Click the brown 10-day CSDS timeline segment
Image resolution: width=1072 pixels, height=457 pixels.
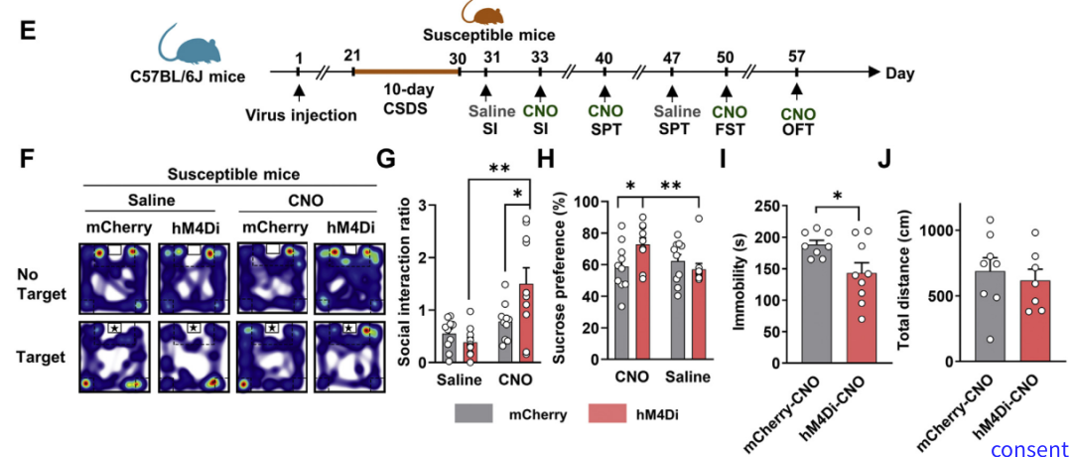(404, 72)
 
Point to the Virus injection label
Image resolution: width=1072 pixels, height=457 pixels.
(301, 114)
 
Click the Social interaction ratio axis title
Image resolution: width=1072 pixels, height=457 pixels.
(405, 282)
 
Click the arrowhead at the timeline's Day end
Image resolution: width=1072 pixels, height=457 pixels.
(874, 73)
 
